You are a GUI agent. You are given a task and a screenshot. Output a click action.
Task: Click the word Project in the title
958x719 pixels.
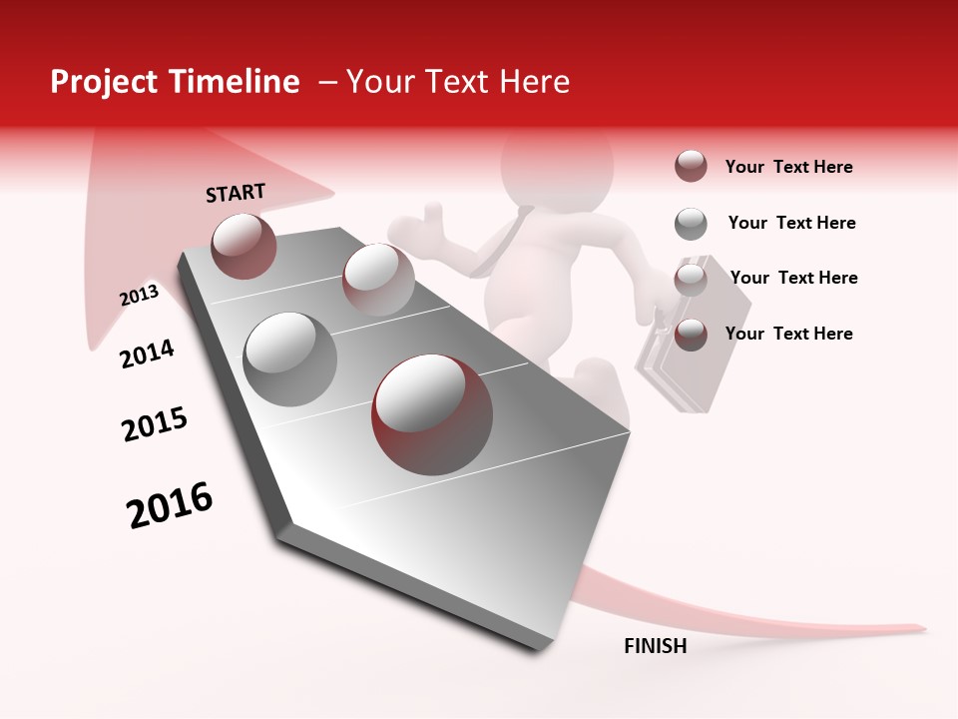103,82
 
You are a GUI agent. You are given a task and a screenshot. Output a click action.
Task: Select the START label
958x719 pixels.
236,193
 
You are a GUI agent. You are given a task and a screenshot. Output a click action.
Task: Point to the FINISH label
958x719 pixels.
655,646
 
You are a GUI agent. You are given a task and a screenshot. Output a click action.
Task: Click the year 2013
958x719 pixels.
139,296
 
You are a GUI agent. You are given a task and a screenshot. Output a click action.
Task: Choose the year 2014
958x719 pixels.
147,354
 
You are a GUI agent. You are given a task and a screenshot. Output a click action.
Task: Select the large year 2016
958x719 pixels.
170,505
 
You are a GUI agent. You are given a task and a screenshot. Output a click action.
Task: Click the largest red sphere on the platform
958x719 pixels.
432,414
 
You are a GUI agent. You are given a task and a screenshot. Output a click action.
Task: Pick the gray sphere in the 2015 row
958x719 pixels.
289,359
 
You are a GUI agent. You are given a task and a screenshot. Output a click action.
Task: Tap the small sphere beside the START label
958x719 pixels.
243,246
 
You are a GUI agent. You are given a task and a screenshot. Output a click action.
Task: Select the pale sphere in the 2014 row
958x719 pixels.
378,279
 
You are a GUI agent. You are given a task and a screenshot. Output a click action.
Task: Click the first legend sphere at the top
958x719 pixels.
691,166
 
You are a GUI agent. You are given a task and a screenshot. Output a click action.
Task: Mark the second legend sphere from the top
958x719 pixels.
691,224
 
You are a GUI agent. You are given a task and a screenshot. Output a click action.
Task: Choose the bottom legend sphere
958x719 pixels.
691,335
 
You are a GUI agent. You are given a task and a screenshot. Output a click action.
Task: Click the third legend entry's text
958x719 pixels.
793,278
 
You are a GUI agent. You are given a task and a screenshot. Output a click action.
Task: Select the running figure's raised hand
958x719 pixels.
430,218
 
